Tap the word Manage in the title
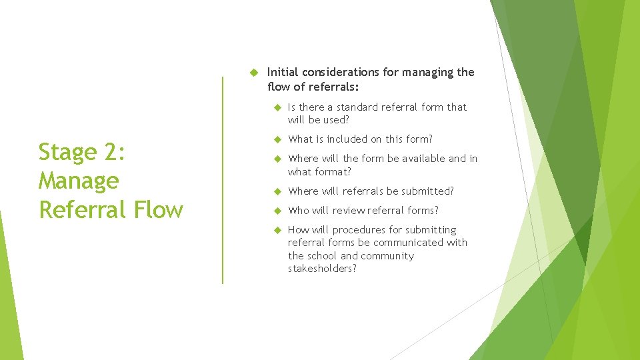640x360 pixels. point(79,181)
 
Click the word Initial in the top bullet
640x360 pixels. point(283,72)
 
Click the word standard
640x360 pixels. point(359,107)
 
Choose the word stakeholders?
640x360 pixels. point(322,269)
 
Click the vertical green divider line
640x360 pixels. point(223,180)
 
